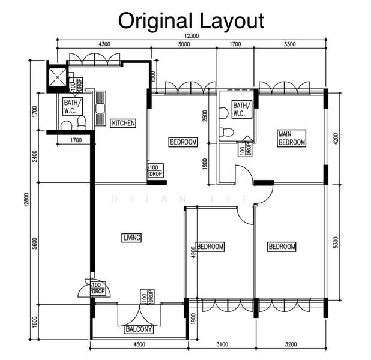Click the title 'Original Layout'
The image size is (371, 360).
(x=191, y=21)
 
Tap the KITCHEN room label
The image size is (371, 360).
(x=123, y=123)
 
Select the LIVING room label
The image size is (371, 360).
(x=132, y=238)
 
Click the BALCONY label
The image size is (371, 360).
(x=139, y=329)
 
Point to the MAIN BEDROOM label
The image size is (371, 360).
(x=292, y=138)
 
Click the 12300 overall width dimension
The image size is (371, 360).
(x=192, y=36)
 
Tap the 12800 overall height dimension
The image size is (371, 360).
(x=26, y=200)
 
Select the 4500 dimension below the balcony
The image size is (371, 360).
(x=139, y=344)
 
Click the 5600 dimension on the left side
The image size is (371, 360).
(x=35, y=244)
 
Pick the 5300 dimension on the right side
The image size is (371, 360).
(x=336, y=242)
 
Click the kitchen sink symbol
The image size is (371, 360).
(x=100, y=109)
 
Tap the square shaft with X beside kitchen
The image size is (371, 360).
(x=58, y=77)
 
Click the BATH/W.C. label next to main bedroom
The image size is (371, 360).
(x=242, y=109)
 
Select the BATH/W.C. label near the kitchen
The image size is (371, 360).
(x=73, y=106)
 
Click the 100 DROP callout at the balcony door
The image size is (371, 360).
(x=147, y=296)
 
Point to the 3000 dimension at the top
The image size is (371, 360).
(x=184, y=44)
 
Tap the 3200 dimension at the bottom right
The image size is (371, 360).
(x=291, y=344)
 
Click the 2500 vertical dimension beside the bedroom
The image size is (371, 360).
(x=205, y=116)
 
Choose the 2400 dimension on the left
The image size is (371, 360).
(x=35, y=156)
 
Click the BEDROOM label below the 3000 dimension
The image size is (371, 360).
(x=183, y=142)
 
